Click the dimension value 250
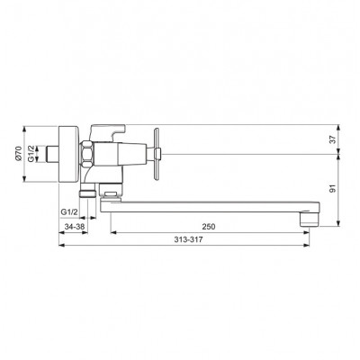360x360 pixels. click(x=209, y=227)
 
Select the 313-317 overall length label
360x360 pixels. click(x=188, y=239)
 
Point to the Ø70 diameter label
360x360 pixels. click(x=18, y=154)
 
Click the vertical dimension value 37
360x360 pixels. click(x=332, y=139)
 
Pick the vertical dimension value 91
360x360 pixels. click(x=332, y=189)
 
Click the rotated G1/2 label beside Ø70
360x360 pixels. click(x=31, y=154)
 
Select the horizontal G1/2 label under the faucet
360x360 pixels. click(x=69, y=212)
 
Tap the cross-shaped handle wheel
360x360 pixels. click(x=157, y=154)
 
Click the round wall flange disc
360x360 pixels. click(x=68, y=154)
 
